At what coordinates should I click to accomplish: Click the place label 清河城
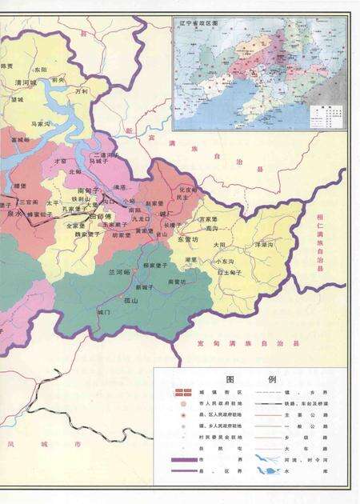coord(26,82)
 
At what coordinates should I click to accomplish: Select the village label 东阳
coord(41,70)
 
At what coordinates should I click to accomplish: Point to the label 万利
coord(81,92)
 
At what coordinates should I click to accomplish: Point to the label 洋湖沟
coord(265,243)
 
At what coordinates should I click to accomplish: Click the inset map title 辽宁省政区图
coord(200,25)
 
